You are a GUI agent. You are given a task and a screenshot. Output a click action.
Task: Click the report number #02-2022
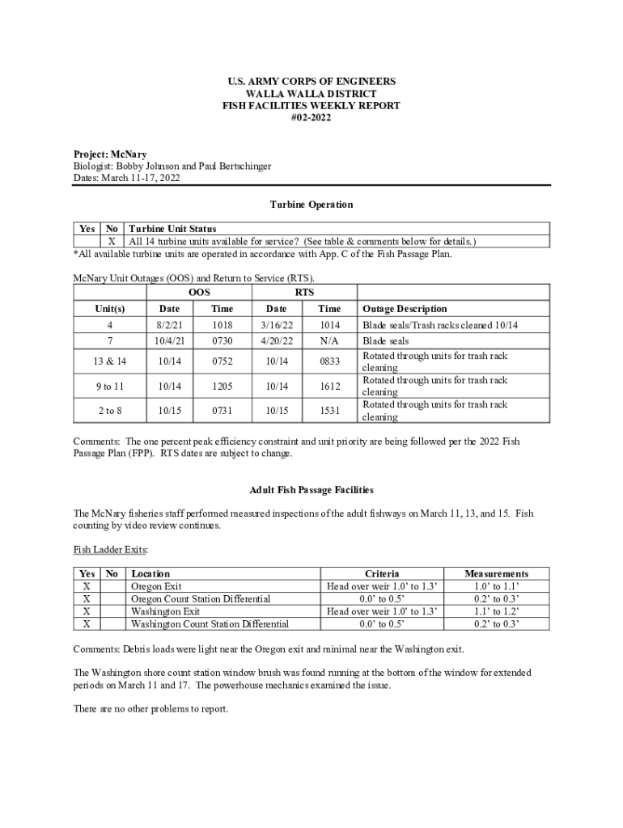[311, 118]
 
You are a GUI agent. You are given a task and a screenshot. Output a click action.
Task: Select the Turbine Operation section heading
[311, 205]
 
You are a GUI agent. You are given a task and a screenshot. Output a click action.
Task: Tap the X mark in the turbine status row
[112, 241]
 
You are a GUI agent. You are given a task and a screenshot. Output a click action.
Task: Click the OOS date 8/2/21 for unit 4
[170, 325]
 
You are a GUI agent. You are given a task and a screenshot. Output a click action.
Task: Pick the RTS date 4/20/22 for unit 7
[276, 341]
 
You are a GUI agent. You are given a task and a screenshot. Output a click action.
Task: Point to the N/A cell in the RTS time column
[329, 341]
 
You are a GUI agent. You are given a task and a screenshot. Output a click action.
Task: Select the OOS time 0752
[222, 362]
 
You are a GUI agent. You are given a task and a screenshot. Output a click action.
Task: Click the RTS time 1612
[329, 387]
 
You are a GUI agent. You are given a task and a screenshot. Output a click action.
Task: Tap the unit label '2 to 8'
[110, 411]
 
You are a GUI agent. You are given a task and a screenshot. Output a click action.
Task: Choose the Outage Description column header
[405, 309]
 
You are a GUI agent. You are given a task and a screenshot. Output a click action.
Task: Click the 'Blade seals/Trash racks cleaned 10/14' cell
[440, 325]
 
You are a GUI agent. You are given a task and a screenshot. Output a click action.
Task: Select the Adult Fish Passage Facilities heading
[311, 490]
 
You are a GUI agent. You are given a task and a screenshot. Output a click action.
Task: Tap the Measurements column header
[496, 573]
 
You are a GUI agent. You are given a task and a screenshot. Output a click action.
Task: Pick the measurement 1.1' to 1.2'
[496, 611]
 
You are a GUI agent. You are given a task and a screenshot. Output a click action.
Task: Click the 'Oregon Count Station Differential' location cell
[201, 599]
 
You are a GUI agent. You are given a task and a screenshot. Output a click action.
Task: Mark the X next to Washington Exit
[87, 611]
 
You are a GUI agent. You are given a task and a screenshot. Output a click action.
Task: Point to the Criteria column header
[382, 573]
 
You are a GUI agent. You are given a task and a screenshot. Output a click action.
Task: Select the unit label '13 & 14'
[110, 362]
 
